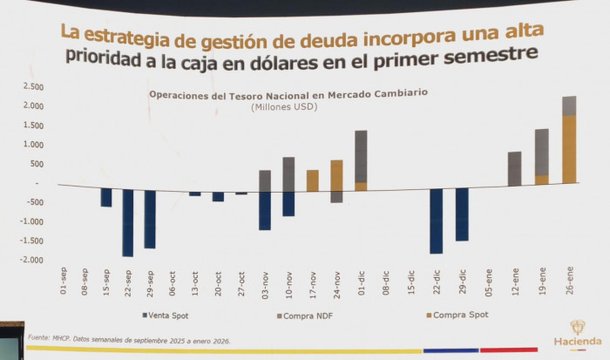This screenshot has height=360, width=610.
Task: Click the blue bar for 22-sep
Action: (128, 222)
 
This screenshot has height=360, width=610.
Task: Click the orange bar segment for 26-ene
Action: (569, 149)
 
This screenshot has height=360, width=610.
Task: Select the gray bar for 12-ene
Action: (514, 168)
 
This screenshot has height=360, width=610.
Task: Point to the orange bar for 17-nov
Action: (312, 180)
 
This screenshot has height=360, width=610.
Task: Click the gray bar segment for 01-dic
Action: (361, 156)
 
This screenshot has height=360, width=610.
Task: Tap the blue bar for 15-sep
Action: (106, 198)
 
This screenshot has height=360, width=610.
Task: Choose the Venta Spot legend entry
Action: (160, 315)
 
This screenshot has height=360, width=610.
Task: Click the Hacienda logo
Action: (577, 332)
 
